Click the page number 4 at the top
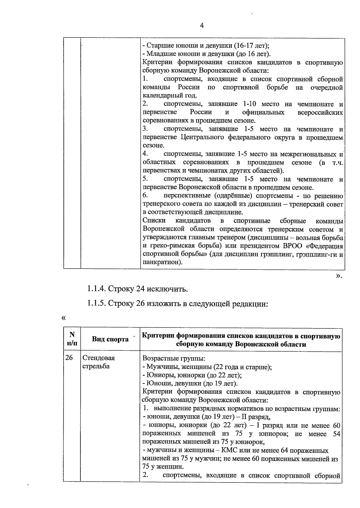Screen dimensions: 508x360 [201, 26]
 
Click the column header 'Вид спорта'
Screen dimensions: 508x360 [110, 339]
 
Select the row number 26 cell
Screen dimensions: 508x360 [69, 358]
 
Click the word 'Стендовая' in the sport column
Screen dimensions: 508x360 [98, 358]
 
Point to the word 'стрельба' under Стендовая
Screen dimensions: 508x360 [96, 366]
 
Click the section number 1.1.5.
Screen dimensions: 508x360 [96, 304]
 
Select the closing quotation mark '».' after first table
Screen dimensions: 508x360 [339, 275]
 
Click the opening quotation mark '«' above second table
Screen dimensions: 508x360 [63, 318]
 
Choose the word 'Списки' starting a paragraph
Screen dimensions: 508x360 [154, 221]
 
